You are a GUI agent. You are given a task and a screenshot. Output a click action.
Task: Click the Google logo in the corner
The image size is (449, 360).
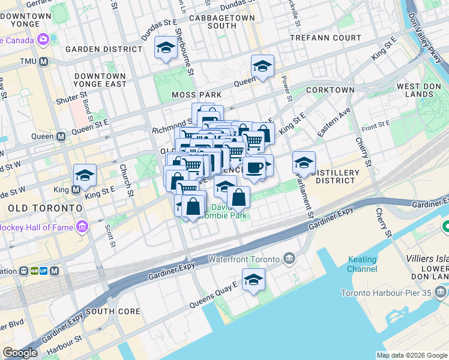tap(20, 353)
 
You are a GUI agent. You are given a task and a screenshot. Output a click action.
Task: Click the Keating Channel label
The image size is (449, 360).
tap(362, 264)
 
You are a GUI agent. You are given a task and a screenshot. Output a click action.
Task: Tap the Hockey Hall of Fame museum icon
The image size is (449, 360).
tap(82, 227)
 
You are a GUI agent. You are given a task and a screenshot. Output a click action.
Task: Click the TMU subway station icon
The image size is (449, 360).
tap(44, 62)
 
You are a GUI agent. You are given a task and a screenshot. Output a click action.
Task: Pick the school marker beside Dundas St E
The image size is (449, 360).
tap(165, 49)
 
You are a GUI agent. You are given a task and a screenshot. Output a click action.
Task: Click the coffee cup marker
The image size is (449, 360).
tap(254, 167)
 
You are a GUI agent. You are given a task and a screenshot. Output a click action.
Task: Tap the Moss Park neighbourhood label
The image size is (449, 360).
tap(196, 95)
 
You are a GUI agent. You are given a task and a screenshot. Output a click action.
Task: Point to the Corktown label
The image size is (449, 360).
tap(330, 89)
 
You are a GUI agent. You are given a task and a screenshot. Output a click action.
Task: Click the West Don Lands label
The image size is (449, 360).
tap(419, 91)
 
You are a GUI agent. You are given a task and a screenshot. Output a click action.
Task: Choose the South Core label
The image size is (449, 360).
tap(113, 311)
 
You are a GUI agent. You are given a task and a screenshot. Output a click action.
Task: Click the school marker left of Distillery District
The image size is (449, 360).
tap(304, 163)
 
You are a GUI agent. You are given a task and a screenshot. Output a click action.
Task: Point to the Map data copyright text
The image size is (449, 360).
tap(411, 355)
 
